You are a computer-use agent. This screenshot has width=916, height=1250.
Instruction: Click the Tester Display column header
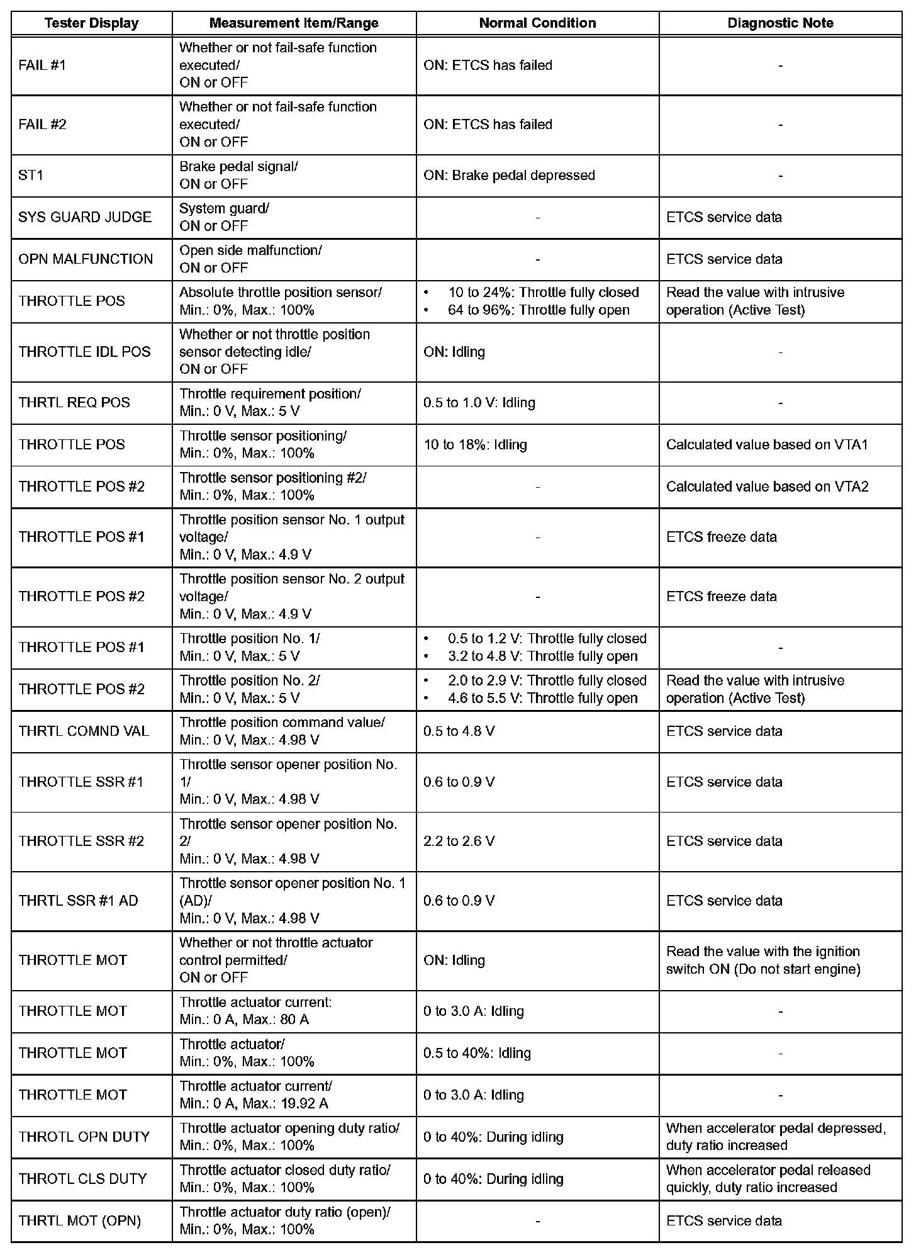91,23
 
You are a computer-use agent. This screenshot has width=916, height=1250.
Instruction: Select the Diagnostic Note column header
780,23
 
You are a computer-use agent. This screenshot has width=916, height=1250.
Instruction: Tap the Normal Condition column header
537,23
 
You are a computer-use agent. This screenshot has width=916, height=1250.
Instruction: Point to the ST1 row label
31,176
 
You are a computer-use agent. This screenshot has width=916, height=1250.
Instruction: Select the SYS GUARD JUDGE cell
85,217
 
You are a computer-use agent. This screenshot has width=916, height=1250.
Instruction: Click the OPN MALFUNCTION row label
86,259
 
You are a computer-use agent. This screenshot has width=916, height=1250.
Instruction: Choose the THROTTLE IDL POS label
85,352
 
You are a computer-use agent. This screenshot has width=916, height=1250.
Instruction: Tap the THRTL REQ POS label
74,403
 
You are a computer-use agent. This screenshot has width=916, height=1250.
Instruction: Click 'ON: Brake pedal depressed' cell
509,176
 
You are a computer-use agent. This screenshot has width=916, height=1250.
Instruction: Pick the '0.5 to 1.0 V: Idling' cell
479,403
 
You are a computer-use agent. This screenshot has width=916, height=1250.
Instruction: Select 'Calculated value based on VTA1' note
767,445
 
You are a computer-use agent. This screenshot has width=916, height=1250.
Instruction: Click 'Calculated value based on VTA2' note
767,487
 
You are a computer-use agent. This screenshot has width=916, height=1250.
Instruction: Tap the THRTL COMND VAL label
84,731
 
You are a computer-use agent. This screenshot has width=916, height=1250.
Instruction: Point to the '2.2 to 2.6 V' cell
459,842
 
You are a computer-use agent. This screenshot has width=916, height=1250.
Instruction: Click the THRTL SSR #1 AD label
79,901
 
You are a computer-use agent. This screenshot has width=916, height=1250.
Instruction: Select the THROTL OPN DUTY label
84,1137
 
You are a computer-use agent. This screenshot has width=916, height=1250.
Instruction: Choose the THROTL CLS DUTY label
82,1180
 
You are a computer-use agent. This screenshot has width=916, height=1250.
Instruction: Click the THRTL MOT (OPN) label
80,1222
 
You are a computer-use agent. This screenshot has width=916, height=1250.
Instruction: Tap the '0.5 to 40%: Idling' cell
477,1053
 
